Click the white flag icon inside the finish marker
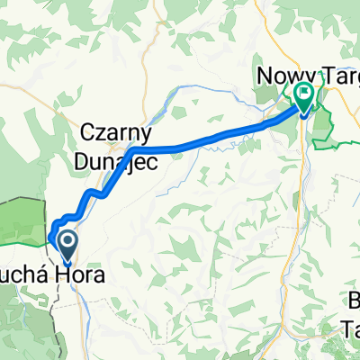pos(304,91)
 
